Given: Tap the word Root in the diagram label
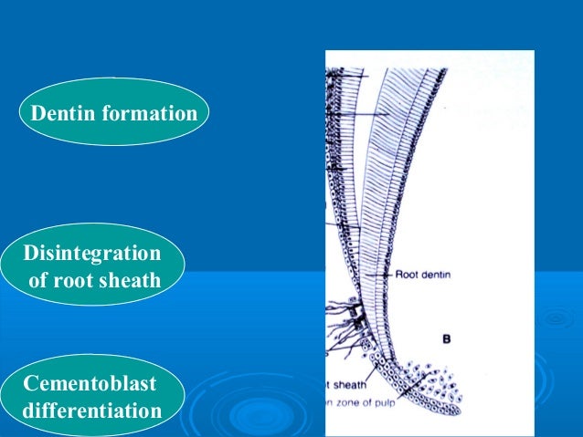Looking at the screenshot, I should (x=408, y=273).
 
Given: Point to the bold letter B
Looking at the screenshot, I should (x=447, y=339).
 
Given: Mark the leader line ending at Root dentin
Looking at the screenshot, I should (x=382, y=273).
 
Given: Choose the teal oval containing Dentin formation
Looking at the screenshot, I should (x=114, y=114).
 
